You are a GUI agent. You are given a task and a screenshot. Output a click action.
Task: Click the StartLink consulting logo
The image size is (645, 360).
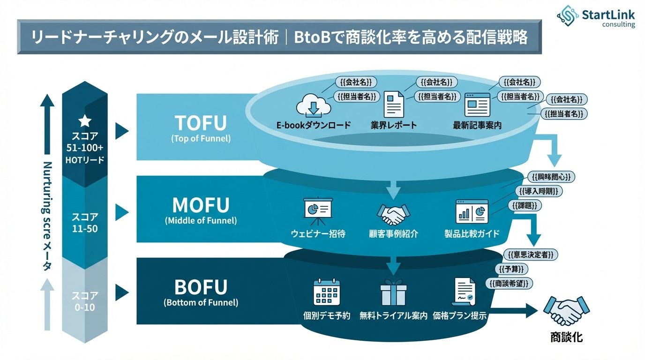click(x=596, y=18)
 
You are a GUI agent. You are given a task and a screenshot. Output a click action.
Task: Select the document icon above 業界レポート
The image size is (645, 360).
click(x=394, y=104)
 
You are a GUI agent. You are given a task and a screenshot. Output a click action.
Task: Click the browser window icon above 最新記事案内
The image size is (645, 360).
click(x=477, y=104)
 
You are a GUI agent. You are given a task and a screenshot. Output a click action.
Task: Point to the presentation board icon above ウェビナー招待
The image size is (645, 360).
click(x=318, y=209)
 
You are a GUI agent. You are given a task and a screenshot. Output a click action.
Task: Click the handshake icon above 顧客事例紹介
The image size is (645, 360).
click(x=393, y=214)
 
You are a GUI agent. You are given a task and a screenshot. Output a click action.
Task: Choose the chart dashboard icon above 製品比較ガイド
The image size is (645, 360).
click(x=472, y=211)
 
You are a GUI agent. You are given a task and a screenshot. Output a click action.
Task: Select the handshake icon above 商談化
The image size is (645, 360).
click(x=566, y=310)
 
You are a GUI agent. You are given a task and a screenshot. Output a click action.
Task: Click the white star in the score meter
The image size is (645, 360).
click(x=85, y=121)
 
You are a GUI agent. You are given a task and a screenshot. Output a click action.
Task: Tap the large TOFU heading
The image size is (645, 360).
click(x=201, y=123)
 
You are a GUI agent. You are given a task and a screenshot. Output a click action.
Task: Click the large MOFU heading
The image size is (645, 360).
click(x=201, y=205)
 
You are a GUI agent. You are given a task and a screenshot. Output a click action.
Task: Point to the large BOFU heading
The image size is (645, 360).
click(x=201, y=287)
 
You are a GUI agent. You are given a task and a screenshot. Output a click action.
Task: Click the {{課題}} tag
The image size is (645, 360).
click(x=525, y=205)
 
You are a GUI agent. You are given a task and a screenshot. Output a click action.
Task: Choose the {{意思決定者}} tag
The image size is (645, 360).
click(x=533, y=255)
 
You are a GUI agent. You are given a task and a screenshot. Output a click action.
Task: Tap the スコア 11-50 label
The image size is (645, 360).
click(x=85, y=222)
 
